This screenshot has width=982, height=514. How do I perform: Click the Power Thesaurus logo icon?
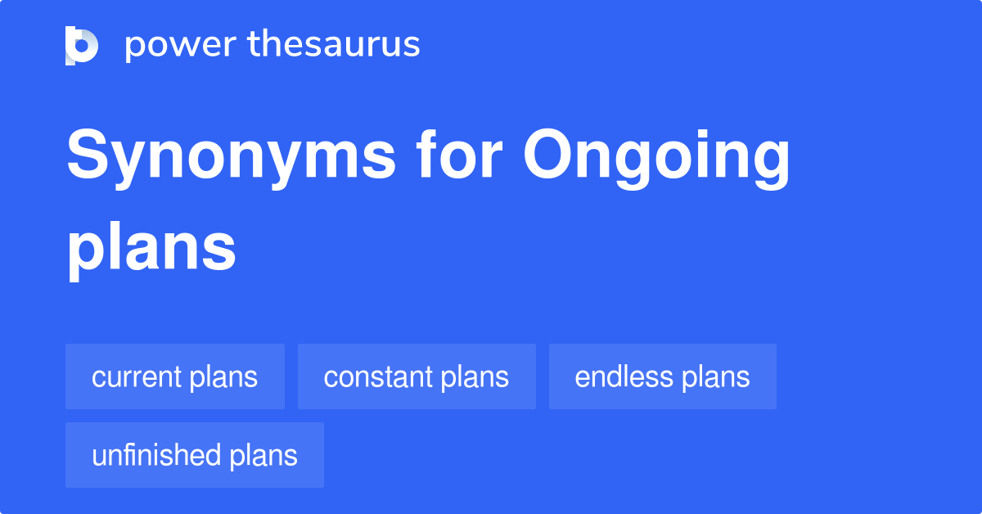pos(82,45)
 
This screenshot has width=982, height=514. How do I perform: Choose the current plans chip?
pos(175,377)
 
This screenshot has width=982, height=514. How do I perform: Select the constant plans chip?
pos(417,377)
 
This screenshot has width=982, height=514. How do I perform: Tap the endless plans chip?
pos(662,377)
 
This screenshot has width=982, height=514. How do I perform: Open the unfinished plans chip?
pos(195,456)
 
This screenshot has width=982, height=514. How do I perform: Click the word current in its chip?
pos(137,377)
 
